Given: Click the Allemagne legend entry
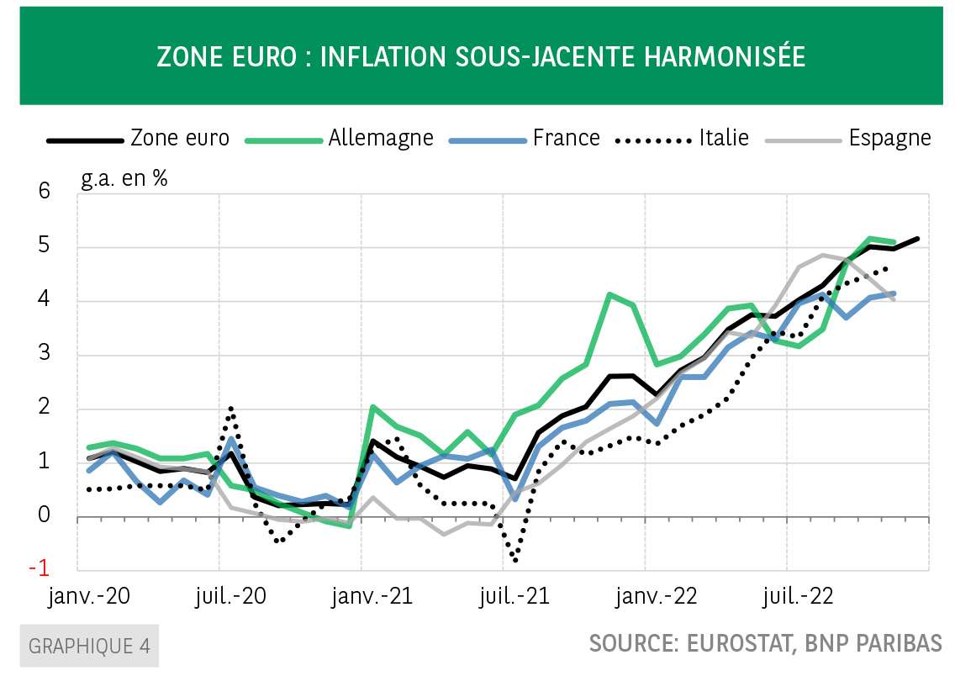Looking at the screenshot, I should (x=381, y=138).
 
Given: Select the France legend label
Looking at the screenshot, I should (x=566, y=138).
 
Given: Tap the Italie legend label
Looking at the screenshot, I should (x=723, y=138).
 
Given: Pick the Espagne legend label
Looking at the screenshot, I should (x=889, y=138).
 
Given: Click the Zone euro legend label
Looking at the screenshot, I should (x=180, y=138).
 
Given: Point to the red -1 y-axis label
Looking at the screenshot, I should (x=39, y=568).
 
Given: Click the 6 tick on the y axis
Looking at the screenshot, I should (x=44, y=193).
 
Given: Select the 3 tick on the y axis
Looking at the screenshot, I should (x=44, y=354).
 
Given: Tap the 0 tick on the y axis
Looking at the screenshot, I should (x=44, y=515).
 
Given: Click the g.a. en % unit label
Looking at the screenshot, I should (x=124, y=178).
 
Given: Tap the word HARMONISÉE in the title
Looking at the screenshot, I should (x=724, y=56).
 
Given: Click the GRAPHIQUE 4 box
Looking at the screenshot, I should (x=89, y=646).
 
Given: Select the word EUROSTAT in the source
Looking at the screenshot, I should (x=735, y=643).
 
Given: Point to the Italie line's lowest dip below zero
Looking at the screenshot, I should (x=514, y=560).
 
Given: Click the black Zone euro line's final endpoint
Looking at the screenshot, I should (x=917, y=239).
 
